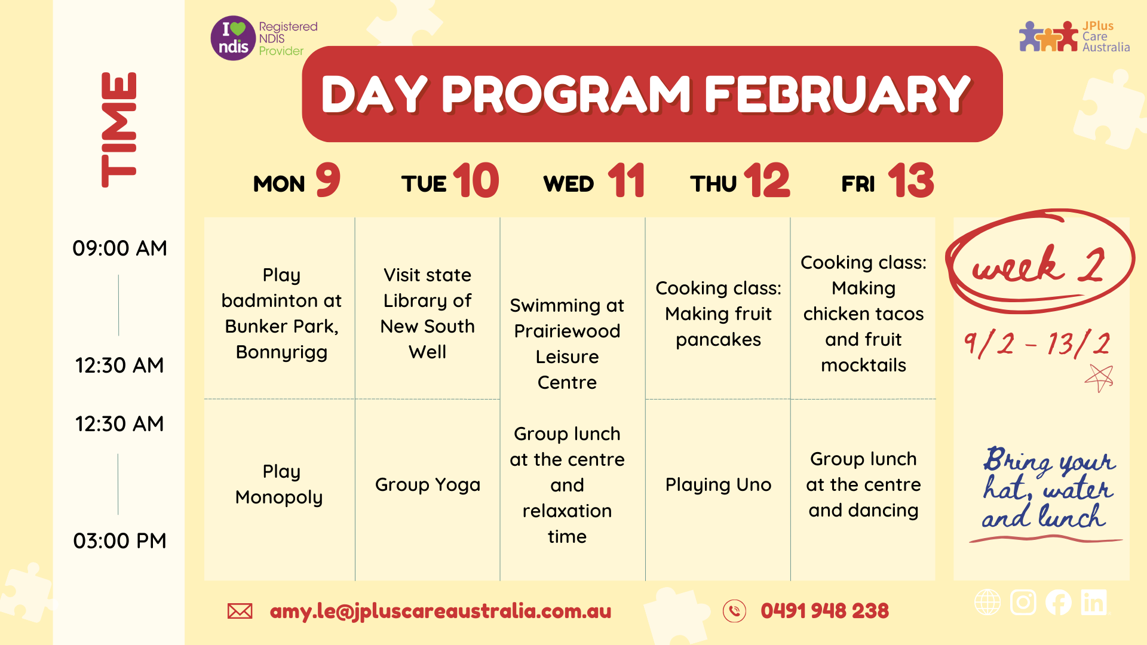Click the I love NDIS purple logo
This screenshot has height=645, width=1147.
pos(233,38)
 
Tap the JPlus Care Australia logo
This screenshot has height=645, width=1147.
pos(1074,36)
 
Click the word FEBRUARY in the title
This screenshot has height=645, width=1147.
pos(838,94)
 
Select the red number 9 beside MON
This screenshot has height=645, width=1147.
pos(328,180)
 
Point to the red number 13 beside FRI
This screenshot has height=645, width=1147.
pos(911,180)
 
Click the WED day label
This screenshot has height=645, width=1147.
pos(569,184)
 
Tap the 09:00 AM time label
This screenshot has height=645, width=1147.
pos(119,248)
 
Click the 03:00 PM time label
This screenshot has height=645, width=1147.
pos(119,540)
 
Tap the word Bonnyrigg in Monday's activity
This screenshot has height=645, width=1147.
pos(281,352)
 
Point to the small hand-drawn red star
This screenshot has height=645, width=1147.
pos(1099,377)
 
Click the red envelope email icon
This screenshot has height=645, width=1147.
pos(240,611)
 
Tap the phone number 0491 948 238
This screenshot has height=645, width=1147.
pos(824,611)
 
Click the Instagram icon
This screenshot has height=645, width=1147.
pos(1023,602)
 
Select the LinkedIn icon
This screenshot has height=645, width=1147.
pos(1094,602)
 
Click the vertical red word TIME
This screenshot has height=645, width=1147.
pos(119,130)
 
